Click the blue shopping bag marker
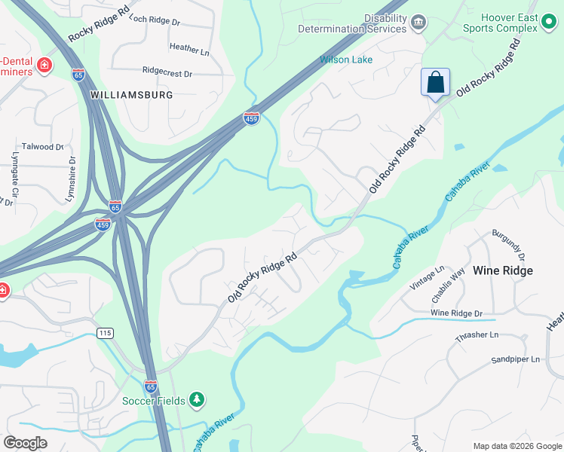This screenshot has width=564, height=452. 436,82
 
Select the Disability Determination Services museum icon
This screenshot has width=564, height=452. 418,24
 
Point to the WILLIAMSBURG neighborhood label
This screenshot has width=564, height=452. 131,95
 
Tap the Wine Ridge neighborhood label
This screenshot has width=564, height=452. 502,270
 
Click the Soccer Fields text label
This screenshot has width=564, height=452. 153,400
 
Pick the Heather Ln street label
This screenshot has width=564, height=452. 189,49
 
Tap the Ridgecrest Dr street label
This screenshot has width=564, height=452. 167,72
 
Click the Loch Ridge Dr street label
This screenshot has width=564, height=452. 155,20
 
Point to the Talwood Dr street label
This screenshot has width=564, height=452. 43,147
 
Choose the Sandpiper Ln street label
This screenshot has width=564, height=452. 516,359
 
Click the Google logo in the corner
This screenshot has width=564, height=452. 25,443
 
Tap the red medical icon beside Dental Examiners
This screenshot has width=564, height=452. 44,66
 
